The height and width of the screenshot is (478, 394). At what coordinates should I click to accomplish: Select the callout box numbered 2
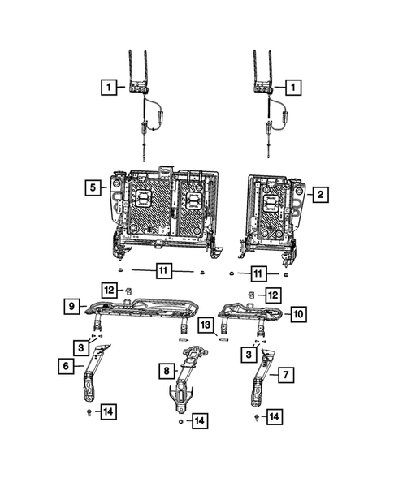pyautogui.click(x=322, y=194)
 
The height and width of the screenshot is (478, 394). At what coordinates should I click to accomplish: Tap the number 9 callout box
pyautogui.click(x=71, y=306)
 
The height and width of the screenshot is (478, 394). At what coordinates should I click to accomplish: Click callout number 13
pyautogui.click(x=206, y=325)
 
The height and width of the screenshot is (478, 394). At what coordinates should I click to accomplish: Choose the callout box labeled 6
pyautogui.click(x=63, y=367)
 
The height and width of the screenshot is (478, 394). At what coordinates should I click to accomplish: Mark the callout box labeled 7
pyautogui.click(x=286, y=374)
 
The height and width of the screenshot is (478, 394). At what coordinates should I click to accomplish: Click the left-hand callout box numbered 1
pyautogui.click(x=106, y=85)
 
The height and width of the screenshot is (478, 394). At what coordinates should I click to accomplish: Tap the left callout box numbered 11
pyautogui.click(x=162, y=271)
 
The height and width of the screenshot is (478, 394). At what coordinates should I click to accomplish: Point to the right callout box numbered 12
pyautogui.click(x=274, y=295)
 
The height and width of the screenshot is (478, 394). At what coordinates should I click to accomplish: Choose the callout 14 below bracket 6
pyautogui.click(x=107, y=412)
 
